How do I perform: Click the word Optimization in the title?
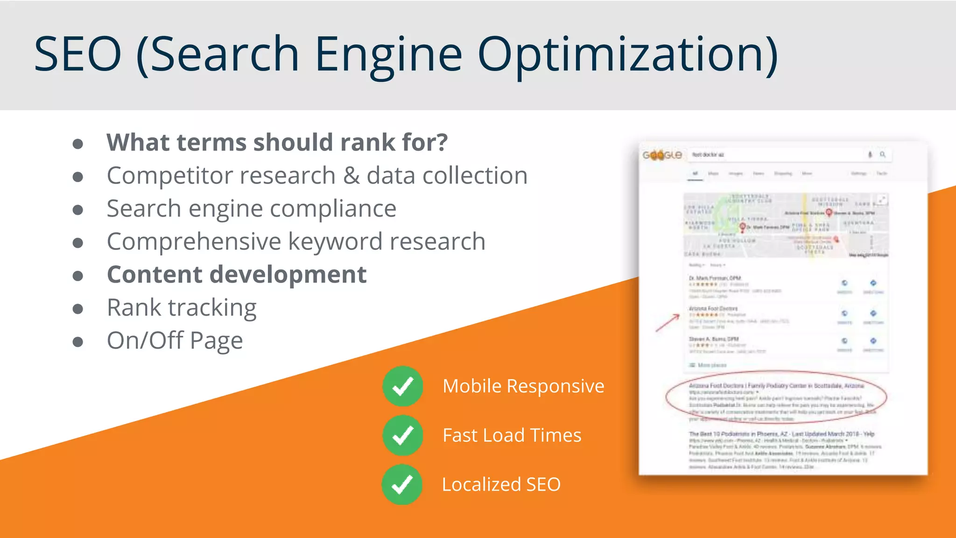tap(628, 55)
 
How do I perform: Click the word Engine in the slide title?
tap(388, 55)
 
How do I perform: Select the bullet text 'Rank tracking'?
tap(182, 308)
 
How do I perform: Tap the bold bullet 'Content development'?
tap(237, 275)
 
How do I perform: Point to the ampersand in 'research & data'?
tap(351, 176)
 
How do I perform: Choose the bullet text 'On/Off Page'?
tap(175, 340)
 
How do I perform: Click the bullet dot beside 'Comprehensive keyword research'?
tap(78, 243)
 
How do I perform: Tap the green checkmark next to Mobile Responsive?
tap(402, 386)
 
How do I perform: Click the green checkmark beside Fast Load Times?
tap(402, 435)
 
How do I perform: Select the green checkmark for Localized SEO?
tap(402, 484)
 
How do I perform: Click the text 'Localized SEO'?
tap(501, 484)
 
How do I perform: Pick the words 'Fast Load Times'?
tap(512, 435)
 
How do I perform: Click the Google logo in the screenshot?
tap(662, 155)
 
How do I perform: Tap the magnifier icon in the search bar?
tap(883, 155)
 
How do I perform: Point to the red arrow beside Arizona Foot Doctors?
tap(668, 323)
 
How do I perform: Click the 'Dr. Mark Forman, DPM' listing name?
tap(715, 278)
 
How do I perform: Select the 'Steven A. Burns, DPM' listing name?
tap(714, 339)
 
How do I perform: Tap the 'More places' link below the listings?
tap(712, 365)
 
